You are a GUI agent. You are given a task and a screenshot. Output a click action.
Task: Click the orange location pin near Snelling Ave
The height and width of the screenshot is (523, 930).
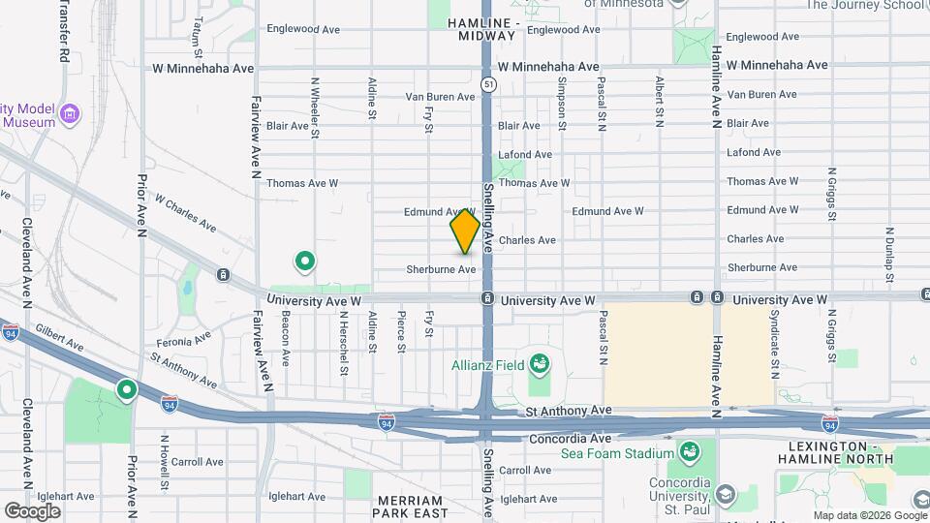(x=465, y=232)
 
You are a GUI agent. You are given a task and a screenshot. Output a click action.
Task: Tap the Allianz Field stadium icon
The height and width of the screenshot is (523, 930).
(x=540, y=365)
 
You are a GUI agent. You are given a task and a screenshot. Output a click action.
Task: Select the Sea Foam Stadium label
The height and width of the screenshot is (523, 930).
(x=630, y=453)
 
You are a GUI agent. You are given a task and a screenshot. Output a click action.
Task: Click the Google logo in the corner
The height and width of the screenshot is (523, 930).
(x=32, y=510)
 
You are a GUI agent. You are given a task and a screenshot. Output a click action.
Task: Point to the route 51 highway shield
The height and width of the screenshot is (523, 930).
(x=491, y=85)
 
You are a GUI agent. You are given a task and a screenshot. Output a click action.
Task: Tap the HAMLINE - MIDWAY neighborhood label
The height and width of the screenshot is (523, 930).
(x=484, y=28)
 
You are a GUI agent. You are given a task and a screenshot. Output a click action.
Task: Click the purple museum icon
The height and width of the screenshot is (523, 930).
(x=69, y=115)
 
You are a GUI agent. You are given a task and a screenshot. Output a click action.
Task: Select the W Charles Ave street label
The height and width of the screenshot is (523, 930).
(x=185, y=215)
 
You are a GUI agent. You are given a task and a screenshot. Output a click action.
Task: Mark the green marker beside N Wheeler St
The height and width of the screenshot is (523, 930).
(x=305, y=261)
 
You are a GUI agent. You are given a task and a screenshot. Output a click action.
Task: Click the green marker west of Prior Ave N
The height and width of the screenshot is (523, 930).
(x=126, y=390)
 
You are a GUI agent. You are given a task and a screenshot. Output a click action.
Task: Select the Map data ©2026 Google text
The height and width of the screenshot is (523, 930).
(x=869, y=515)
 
